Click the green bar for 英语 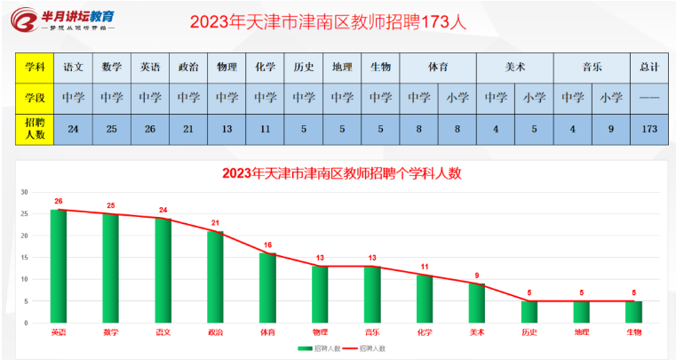pyautogui.click(x=59, y=267)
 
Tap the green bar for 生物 pyautogui.click(x=632, y=313)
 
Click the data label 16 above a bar pyautogui.click(x=268, y=244)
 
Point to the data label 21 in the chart pyautogui.click(x=216, y=223)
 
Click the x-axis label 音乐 pyautogui.click(x=372, y=332)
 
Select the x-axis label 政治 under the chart pyautogui.click(x=216, y=332)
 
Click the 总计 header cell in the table pyautogui.click(x=648, y=66)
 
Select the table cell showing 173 pyautogui.click(x=648, y=128)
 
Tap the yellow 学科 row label pyautogui.click(x=35, y=66)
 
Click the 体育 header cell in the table pyautogui.click(x=438, y=66)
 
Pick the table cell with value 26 pyautogui.click(x=149, y=128)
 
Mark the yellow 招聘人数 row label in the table pyautogui.click(x=35, y=128)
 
